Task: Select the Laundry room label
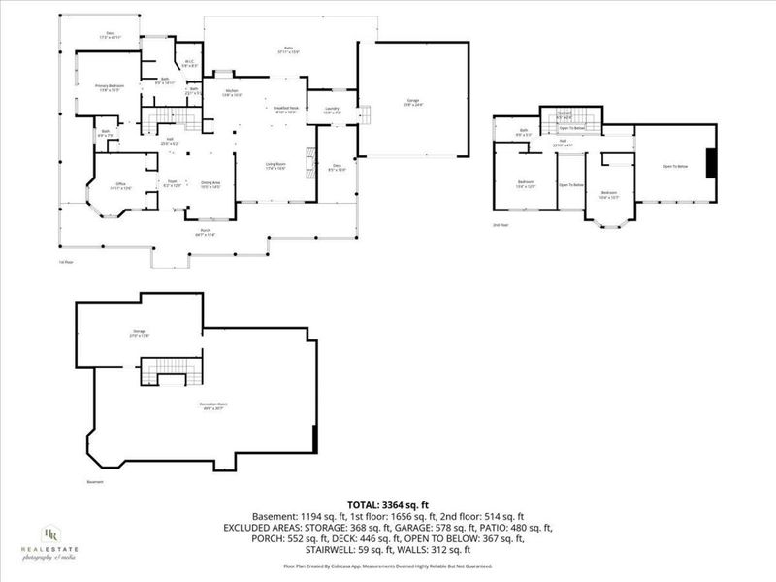[331, 110]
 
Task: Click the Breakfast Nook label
[285, 110]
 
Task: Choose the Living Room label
[275, 166]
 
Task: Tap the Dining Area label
[210, 183]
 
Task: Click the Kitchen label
[232, 94]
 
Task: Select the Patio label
[288, 48]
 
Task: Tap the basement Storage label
[140, 333]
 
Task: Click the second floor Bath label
[524, 131]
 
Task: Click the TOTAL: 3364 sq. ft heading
[387, 504]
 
